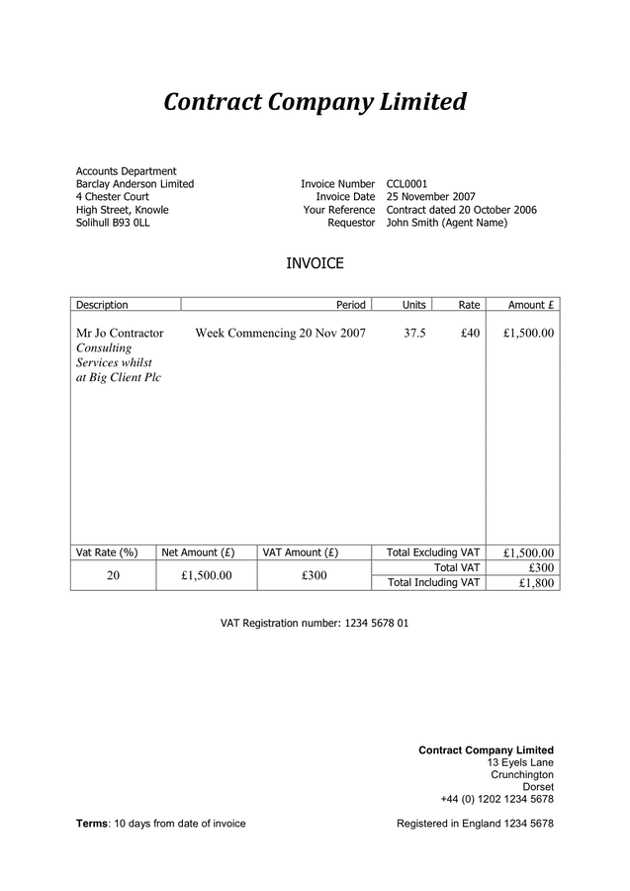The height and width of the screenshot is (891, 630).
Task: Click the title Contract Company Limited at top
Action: click(314, 102)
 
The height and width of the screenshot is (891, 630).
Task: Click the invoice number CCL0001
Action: click(406, 184)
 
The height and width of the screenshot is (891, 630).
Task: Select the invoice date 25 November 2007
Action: click(431, 197)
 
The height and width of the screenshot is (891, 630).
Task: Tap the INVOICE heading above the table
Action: click(315, 263)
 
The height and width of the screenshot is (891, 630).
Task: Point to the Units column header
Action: click(413, 305)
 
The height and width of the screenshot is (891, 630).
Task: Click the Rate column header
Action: click(469, 305)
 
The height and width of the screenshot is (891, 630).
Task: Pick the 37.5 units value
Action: click(414, 334)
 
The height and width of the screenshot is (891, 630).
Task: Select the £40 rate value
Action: click(470, 334)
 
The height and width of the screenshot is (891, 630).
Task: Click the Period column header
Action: click(351, 305)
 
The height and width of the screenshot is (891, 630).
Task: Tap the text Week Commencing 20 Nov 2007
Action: click(281, 334)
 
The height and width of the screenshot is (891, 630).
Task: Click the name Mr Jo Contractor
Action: click(120, 334)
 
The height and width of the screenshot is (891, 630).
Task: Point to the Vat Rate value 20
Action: click(113, 575)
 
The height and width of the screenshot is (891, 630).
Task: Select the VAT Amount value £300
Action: click(314, 575)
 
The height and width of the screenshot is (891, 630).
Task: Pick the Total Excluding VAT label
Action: click(433, 552)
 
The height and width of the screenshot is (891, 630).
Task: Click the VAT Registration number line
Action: click(314, 624)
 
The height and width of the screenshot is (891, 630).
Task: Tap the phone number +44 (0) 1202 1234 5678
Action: click(496, 799)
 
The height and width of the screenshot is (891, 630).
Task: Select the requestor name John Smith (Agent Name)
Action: click(446, 223)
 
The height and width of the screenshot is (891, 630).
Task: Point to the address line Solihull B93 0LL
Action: click(113, 223)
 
